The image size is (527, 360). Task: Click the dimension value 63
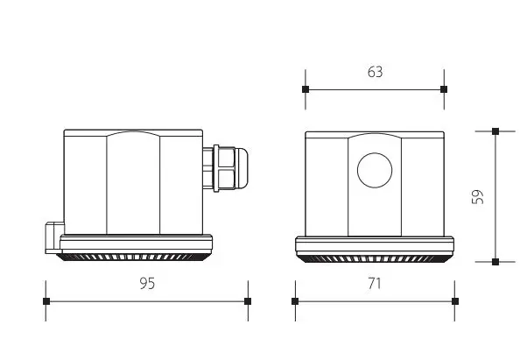pyautogui.click(x=375, y=72)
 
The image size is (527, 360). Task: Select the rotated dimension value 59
pyautogui.click(x=477, y=196)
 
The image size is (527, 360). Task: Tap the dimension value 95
pyautogui.click(x=147, y=283)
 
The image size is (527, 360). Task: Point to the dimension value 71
pyautogui.click(x=375, y=283)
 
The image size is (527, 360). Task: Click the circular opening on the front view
pyautogui.click(x=374, y=169)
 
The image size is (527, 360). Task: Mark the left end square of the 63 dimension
pyautogui.click(x=306, y=89)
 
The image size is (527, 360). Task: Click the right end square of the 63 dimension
pyautogui.click(x=443, y=89)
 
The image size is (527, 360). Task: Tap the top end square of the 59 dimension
pyautogui.click(x=495, y=131)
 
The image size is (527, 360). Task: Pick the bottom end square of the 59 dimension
pyautogui.click(x=495, y=261)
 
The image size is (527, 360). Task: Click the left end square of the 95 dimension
pyautogui.click(x=46, y=301)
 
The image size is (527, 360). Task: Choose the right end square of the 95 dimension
pyautogui.click(x=248, y=301)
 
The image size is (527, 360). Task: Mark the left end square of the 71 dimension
pyautogui.click(x=295, y=301)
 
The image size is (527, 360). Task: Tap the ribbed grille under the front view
pyautogui.click(x=374, y=258)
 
